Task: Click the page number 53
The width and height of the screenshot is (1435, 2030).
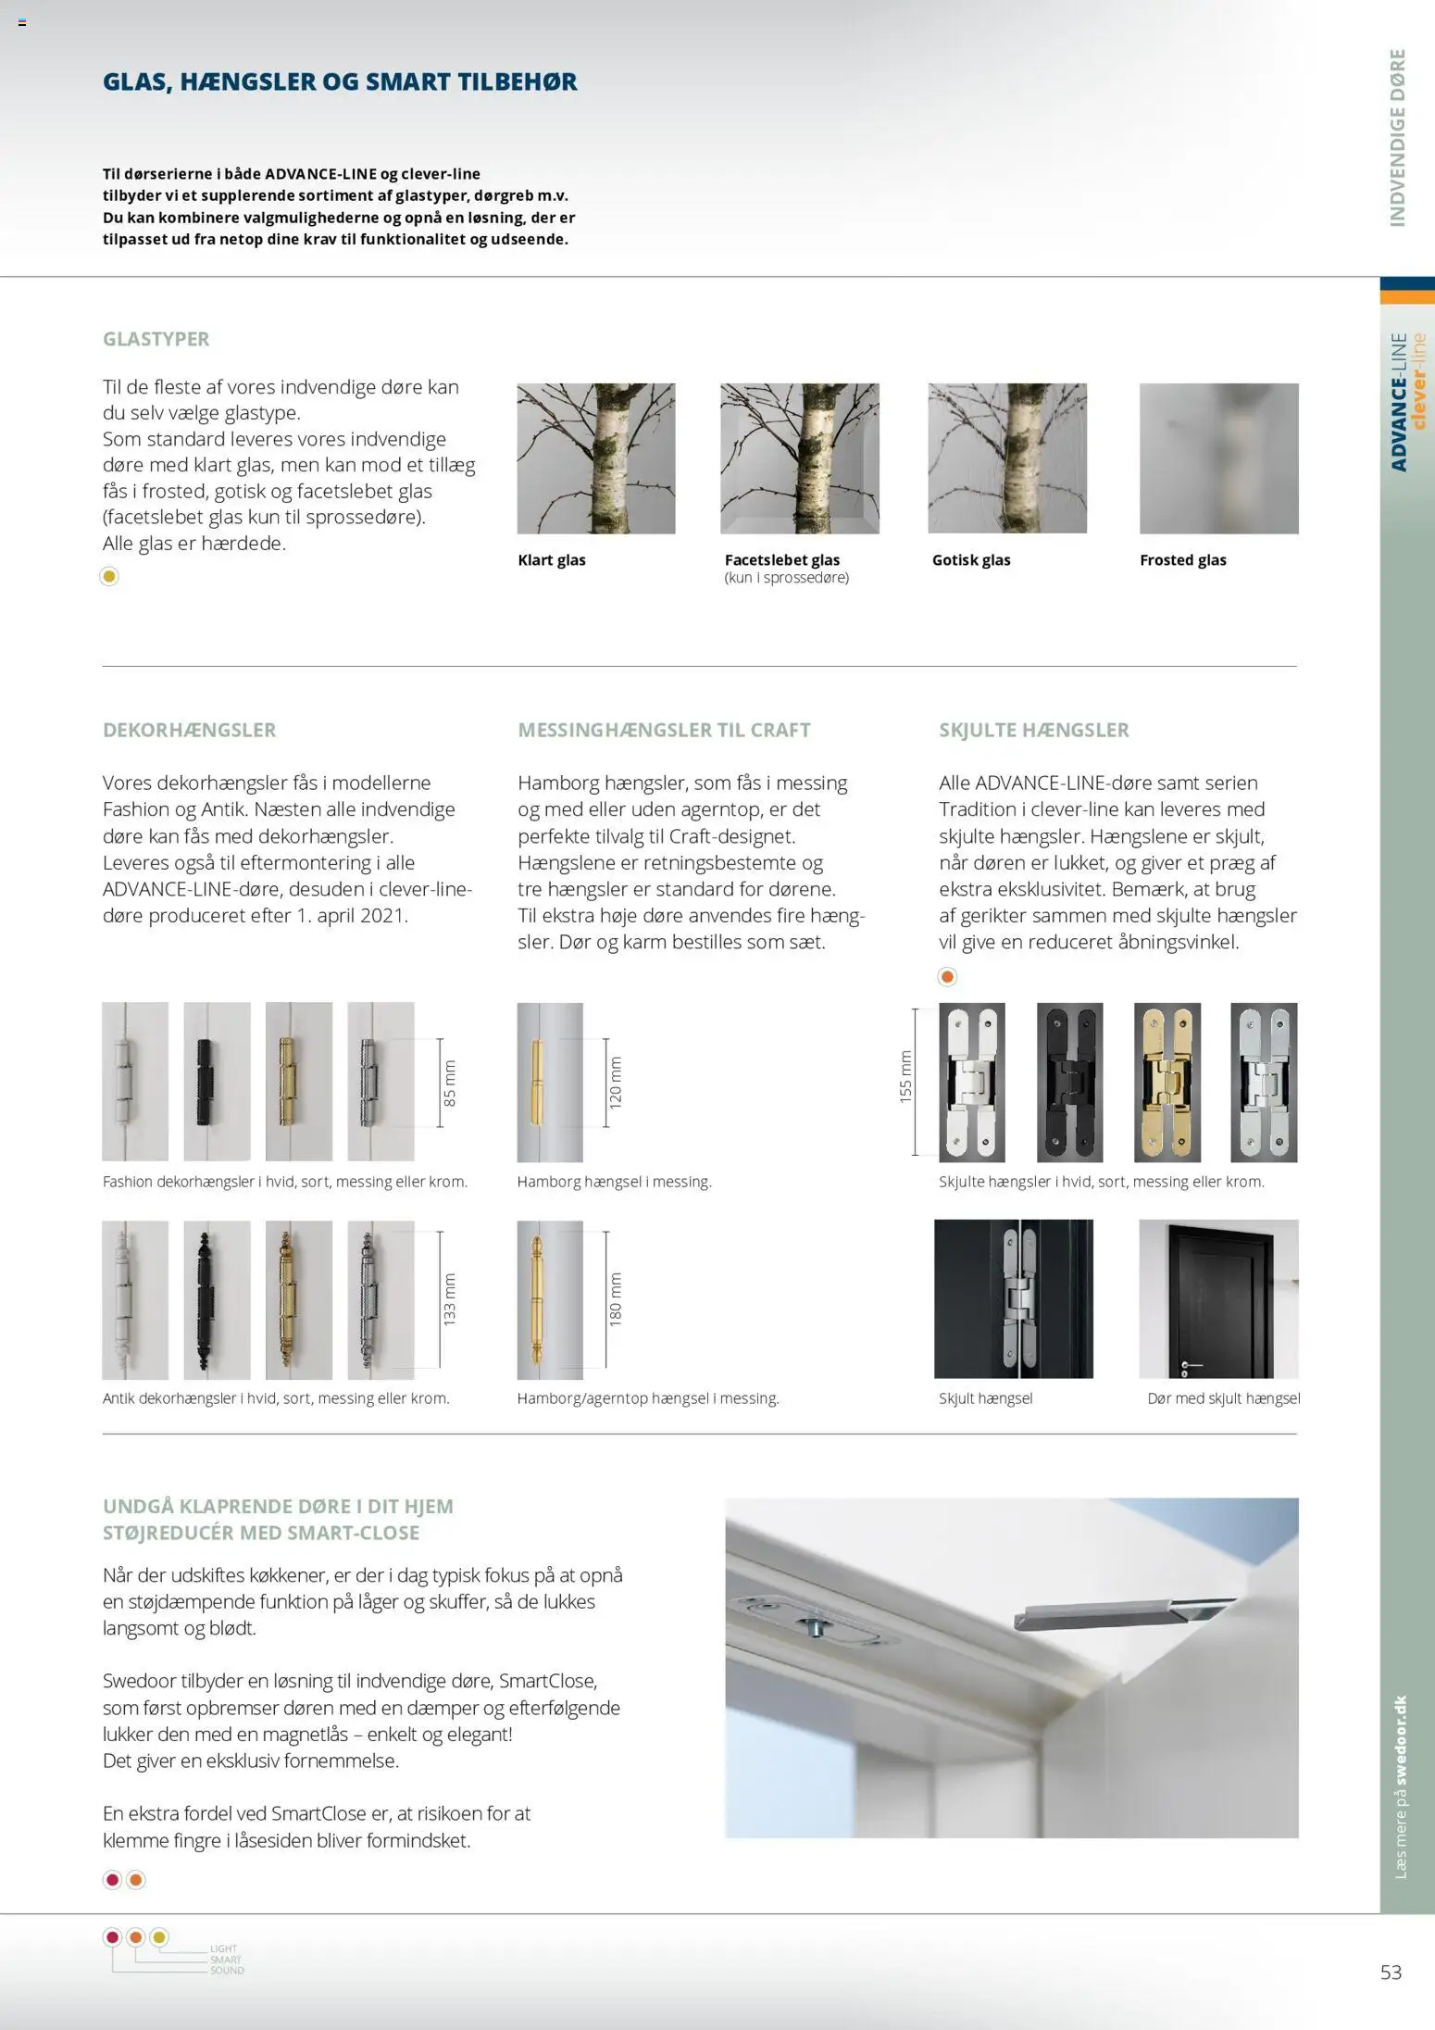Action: (1391, 1972)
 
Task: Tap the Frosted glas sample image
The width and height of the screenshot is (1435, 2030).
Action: (1218, 458)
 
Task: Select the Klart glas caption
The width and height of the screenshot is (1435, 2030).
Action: (552, 560)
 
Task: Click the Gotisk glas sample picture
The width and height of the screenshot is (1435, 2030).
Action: (1007, 458)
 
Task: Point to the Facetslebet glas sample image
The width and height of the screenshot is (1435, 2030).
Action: (800, 458)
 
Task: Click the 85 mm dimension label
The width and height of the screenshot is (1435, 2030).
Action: (450, 1083)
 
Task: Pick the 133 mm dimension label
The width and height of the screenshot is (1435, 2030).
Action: (450, 1299)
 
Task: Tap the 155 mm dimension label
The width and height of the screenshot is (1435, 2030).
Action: (906, 1077)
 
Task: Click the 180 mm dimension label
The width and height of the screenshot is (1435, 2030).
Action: (616, 1299)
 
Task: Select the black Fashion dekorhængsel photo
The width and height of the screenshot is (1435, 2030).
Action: (217, 1082)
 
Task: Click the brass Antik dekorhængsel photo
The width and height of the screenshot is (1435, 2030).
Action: (298, 1299)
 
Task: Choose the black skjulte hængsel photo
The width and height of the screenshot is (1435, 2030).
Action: (1069, 1082)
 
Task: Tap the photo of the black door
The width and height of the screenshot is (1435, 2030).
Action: (1218, 1299)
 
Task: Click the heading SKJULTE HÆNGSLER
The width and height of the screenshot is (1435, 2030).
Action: (1033, 730)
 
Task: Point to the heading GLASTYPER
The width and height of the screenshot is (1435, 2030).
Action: (156, 339)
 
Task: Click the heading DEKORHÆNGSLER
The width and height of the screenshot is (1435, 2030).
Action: (189, 730)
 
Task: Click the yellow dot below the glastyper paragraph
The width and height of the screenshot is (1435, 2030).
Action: (109, 576)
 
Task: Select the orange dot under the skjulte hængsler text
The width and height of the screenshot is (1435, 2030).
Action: (947, 976)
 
